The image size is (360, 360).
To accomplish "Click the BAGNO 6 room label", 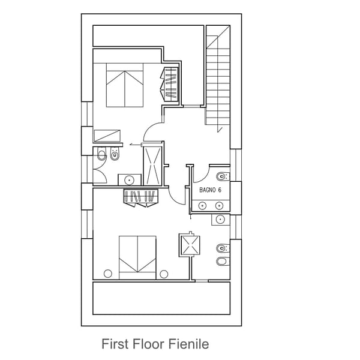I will coord(211,190).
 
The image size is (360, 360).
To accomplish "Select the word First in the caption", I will coord(115,344).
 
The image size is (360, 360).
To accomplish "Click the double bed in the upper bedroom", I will coord(125,86).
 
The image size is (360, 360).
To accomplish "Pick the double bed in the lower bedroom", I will coord(137,257).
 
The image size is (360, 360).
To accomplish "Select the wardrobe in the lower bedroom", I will coord(140,196).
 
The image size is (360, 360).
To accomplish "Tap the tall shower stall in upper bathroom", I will coord(152,164).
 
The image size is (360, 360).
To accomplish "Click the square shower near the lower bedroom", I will coord(189,245).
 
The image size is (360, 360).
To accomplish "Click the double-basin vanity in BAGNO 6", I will coord(211,206).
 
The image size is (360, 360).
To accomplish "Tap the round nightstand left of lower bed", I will coord(108,274).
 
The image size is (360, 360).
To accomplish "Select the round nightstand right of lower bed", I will coord(164,274).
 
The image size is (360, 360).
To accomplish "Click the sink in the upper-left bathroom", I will coord(129,179).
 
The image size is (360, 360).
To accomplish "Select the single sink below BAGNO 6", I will coord(220,220).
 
